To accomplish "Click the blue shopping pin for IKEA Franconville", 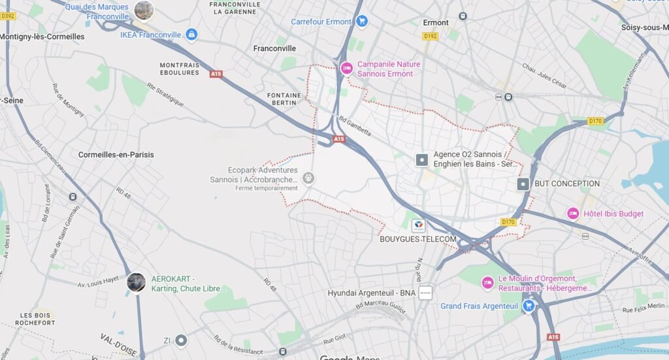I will coord(191,34).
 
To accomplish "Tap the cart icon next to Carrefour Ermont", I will coord(362,22).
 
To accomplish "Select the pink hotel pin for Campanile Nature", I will coord(346,68).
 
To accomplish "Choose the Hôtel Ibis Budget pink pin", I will coord(573,213).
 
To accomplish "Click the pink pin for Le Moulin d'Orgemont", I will coord(487,283).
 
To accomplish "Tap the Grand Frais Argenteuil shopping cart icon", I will coord(529,306).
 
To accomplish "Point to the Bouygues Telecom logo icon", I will coord(417,226).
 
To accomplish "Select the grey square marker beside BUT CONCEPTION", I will coord(523,184).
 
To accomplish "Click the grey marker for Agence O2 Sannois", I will coord(422,159).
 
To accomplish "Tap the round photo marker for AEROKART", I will coord(136,283).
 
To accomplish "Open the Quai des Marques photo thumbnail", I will coord(144,10).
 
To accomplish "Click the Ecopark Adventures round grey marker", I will coord(308,178).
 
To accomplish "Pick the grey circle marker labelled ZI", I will coord(181,340).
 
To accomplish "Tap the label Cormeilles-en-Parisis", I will coord(116,155).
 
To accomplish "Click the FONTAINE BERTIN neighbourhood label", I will coord(284,99).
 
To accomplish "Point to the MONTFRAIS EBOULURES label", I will coord(179,69).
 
